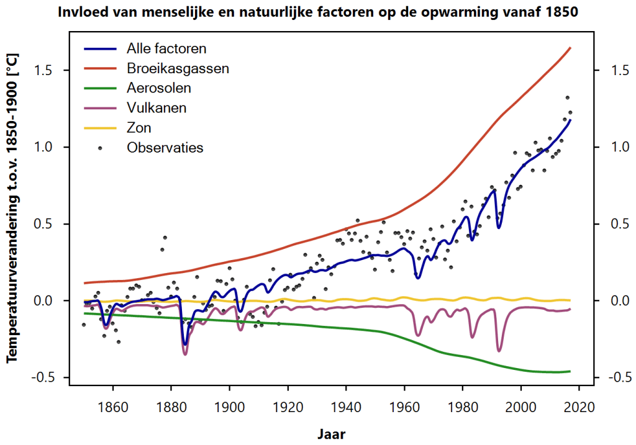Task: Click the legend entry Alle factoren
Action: (x=166, y=48)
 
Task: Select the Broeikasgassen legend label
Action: (x=178, y=68)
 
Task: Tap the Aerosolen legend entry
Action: (x=158, y=88)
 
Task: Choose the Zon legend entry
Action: (x=139, y=128)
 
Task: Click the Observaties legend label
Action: (x=165, y=148)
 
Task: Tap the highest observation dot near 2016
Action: (x=567, y=97)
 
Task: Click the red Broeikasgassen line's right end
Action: (x=570, y=48)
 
